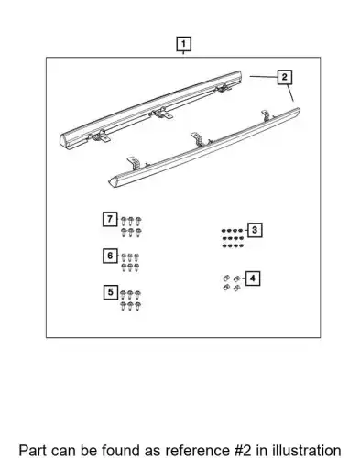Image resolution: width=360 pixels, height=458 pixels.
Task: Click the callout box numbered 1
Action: (183, 44)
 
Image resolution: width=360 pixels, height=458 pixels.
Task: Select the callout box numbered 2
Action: (285, 77)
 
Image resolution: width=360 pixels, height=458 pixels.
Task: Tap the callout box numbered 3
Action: (255, 230)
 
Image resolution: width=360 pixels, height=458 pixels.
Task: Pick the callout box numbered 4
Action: (253, 278)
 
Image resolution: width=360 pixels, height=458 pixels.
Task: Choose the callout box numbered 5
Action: (111, 292)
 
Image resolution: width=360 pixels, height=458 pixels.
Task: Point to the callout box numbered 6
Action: (110, 256)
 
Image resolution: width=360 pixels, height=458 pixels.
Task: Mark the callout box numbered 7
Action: (110, 219)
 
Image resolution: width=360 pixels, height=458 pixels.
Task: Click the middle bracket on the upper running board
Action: (162, 114)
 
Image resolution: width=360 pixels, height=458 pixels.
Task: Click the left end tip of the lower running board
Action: (109, 182)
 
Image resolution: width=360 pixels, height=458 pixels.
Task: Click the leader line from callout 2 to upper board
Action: (264, 77)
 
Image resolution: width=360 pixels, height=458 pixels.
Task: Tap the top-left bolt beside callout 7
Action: (124, 221)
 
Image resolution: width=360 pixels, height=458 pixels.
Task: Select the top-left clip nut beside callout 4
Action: (226, 278)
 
